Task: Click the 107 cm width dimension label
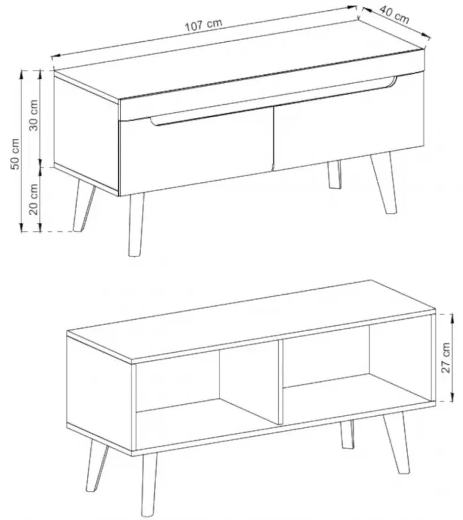(x=203, y=25)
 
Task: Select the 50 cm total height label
(x=15, y=154)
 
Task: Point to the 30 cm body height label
(x=33, y=115)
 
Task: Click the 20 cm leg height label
(x=33, y=199)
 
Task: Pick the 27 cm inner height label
(x=446, y=358)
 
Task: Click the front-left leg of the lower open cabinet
(x=149, y=485)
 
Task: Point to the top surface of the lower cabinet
(x=251, y=320)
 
